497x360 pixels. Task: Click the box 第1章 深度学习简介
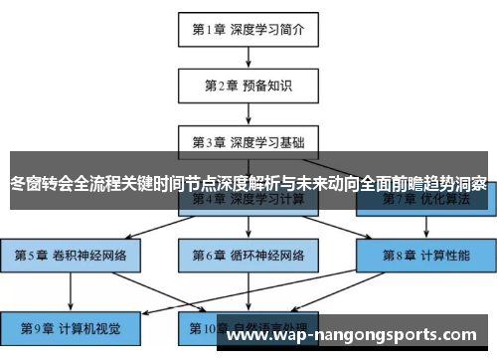248,29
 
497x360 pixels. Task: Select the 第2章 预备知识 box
248,85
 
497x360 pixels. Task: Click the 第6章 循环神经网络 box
248,255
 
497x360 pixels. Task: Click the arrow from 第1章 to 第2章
248,56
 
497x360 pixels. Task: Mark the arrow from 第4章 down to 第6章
248,227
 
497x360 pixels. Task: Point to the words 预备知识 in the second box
267,85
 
